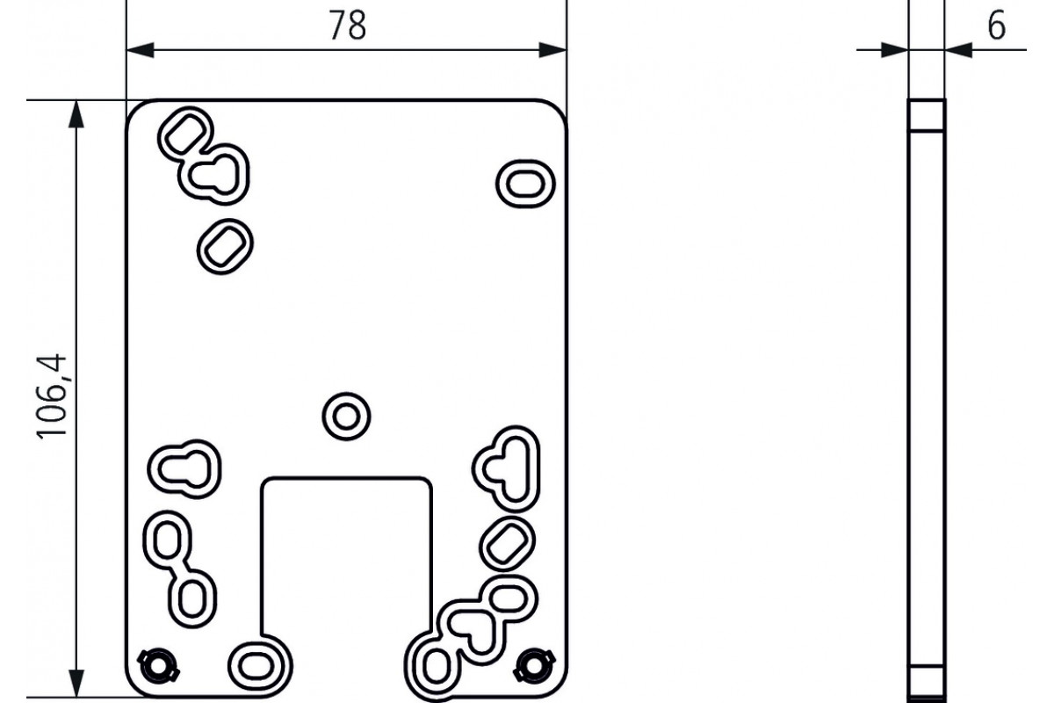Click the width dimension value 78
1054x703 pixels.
(x=348, y=25)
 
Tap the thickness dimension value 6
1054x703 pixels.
(x=996, y=26)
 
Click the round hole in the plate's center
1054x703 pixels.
(x=346, y=417)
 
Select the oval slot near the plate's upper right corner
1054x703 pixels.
(x=525, y=184)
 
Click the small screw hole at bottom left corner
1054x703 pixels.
(x=158, y=665)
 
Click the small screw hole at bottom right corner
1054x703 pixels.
(x=534, y=665)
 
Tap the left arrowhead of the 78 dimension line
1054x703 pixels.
(x=141, y=50)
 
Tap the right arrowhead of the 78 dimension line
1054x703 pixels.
(x=552, y=50)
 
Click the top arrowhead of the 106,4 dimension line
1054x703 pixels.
(x=76, y=114)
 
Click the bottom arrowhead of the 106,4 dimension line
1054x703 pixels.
(x=76, y=683)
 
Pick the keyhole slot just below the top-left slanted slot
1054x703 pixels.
(x=214, y=175)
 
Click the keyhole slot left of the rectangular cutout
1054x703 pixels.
(x=184, y=469)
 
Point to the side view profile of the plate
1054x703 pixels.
(x=927, y=398)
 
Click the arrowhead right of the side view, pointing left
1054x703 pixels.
(x=958, y=50)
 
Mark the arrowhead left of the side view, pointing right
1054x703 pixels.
(x=894, y=50)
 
